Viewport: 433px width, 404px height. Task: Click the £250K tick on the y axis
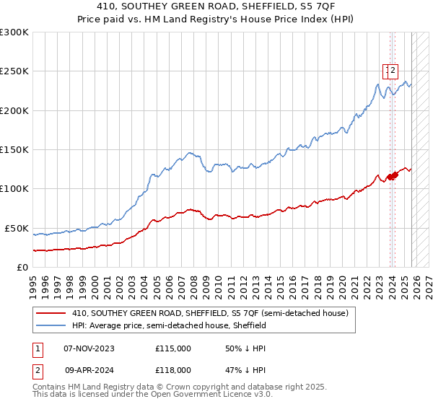(14, 71)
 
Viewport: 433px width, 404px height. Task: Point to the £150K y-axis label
(14, 149)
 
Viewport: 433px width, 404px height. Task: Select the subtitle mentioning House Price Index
(216, 21)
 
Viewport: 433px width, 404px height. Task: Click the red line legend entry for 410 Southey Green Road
(210, 313)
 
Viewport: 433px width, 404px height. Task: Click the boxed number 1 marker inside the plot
(387, 70)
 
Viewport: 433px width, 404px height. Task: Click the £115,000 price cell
(172, 348)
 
